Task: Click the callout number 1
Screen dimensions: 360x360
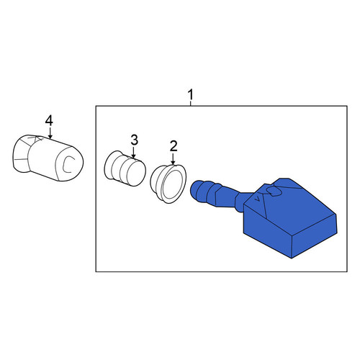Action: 190,95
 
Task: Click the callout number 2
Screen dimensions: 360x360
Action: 174,146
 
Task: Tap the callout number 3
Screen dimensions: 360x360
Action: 135,140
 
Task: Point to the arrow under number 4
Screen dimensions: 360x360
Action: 50,132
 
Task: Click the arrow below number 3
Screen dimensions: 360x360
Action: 134,153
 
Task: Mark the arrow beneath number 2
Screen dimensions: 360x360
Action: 173,158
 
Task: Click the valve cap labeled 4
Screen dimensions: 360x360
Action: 48,158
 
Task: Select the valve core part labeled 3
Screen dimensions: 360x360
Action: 125,168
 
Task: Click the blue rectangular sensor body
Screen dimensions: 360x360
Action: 290,218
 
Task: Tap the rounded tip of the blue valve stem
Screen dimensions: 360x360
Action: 194,188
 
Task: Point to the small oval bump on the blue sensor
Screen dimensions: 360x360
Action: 274,191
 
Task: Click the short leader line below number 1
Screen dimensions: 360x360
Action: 190,103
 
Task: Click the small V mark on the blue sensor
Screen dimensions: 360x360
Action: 258,199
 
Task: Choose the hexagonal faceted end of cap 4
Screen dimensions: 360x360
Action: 22,153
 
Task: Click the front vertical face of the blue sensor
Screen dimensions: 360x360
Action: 267,230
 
